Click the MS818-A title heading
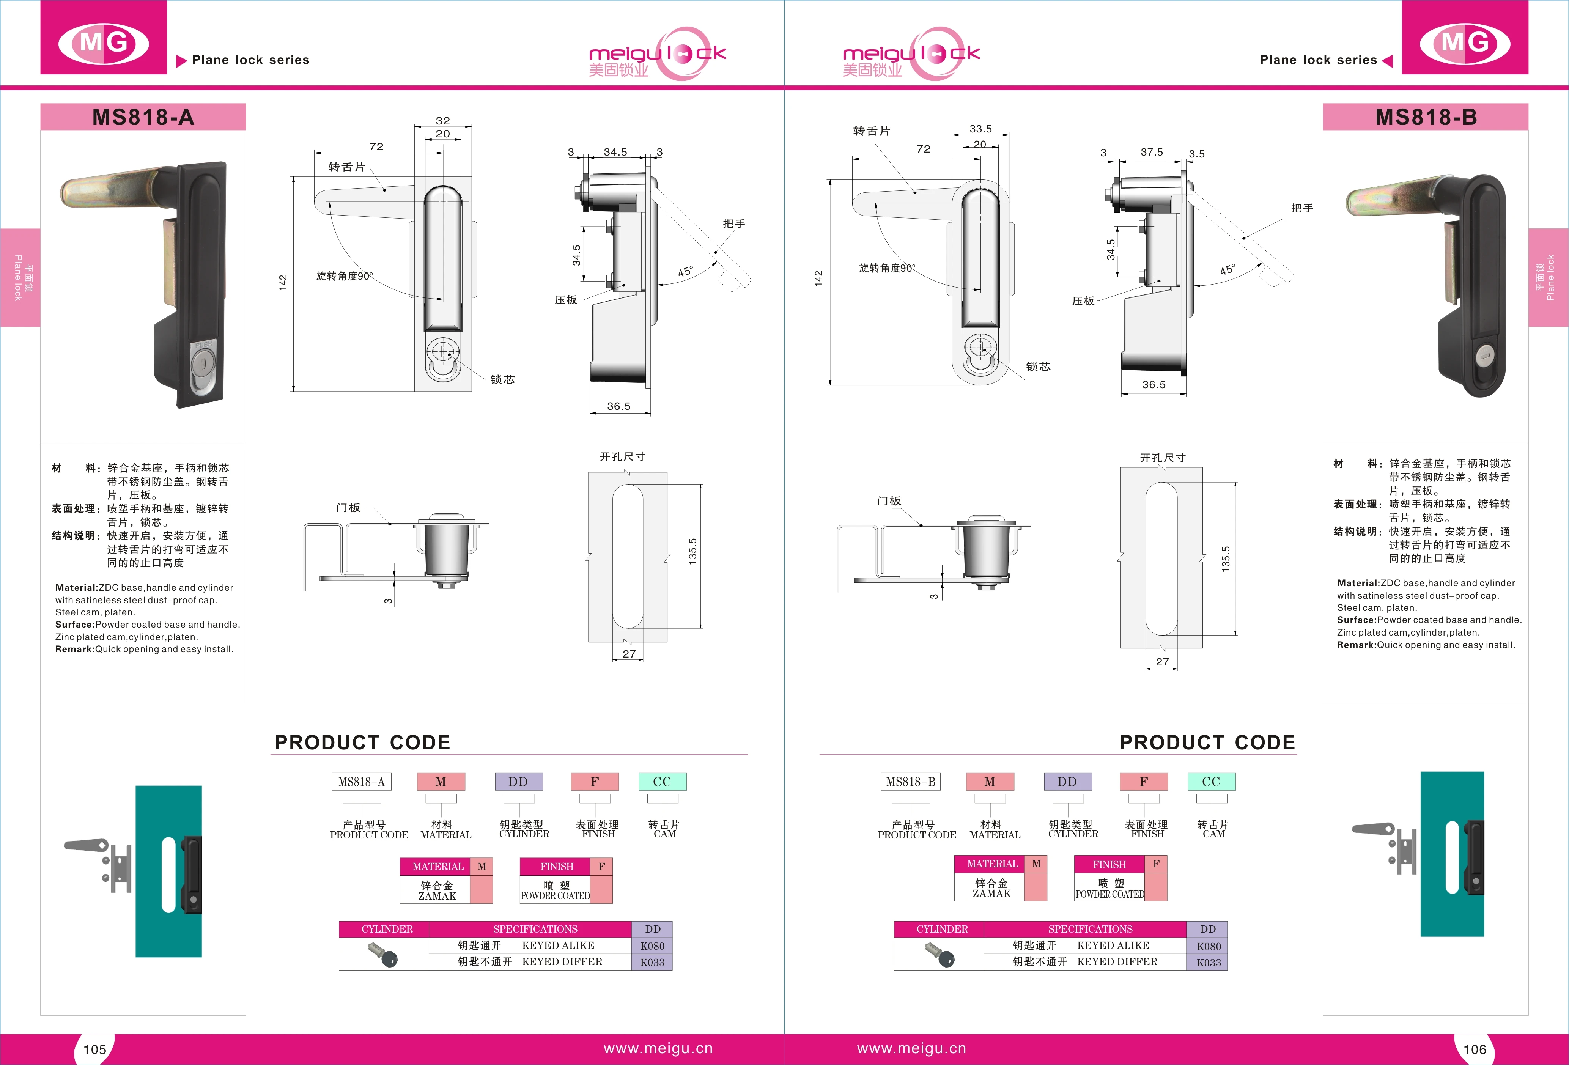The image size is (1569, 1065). tap(143, 118)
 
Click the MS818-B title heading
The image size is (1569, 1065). tap(1426, 118)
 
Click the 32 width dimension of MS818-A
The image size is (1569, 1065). tap(443, 121)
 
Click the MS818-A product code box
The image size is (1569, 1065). tap(361, 782)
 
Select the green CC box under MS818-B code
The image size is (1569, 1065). tap(1211, 782)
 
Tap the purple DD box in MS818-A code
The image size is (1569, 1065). tap(518, 782)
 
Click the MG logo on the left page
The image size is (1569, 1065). tap(103, 43)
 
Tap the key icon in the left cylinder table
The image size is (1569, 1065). tap(384, 954)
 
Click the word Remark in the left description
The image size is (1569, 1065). tap(75, 649)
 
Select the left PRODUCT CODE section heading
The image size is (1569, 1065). tap(362, 743)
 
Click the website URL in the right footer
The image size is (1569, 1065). tap(911, 1048)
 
